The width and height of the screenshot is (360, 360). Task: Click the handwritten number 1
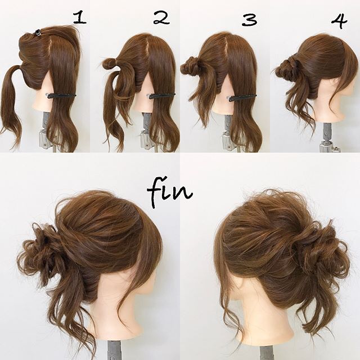[80, 18]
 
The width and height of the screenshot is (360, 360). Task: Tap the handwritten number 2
[161, 18]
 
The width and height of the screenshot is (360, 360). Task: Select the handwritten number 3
[249, 20]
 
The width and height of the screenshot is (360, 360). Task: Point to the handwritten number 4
[339, 21]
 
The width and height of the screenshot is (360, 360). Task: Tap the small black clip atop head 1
[38, 33]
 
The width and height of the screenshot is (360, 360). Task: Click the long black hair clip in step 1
[62, 96]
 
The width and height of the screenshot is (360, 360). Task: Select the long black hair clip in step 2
[162, 96]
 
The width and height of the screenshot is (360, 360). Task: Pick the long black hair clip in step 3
[242, 97]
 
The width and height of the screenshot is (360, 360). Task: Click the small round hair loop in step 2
[109, 64]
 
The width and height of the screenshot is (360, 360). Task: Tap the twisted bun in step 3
[191, 66]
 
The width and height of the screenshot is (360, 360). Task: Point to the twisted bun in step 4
[285, 69]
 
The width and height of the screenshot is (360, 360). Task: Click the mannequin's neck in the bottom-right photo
[264, 321]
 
